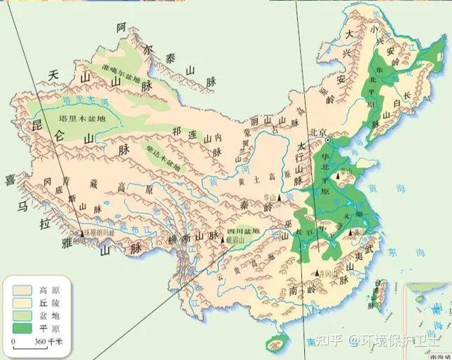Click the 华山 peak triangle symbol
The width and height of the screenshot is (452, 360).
(x=280, y=201)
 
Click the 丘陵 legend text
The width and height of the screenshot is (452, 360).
(x=50, y=301)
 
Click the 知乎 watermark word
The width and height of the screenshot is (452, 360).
(x=329, y=341)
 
